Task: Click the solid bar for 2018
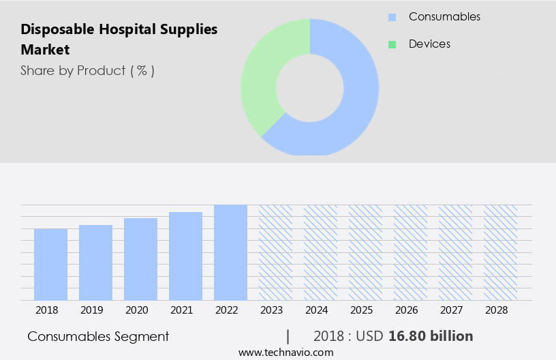pos(50,264)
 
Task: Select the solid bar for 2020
pos(140,259)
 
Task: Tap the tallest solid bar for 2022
pos(230,252)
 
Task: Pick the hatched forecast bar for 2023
pos(275,252)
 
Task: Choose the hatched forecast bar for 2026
pos(410,252)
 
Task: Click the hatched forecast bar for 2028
pos(500,252)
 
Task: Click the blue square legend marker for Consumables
pos(392,17)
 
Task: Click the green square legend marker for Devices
pos(392,44)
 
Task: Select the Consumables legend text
pos(444,16)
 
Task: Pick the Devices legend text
pos(429,44)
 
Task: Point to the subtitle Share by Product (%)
pos(87,70)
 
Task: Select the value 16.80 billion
pos(431,336)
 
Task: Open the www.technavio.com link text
pos(285,352)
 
